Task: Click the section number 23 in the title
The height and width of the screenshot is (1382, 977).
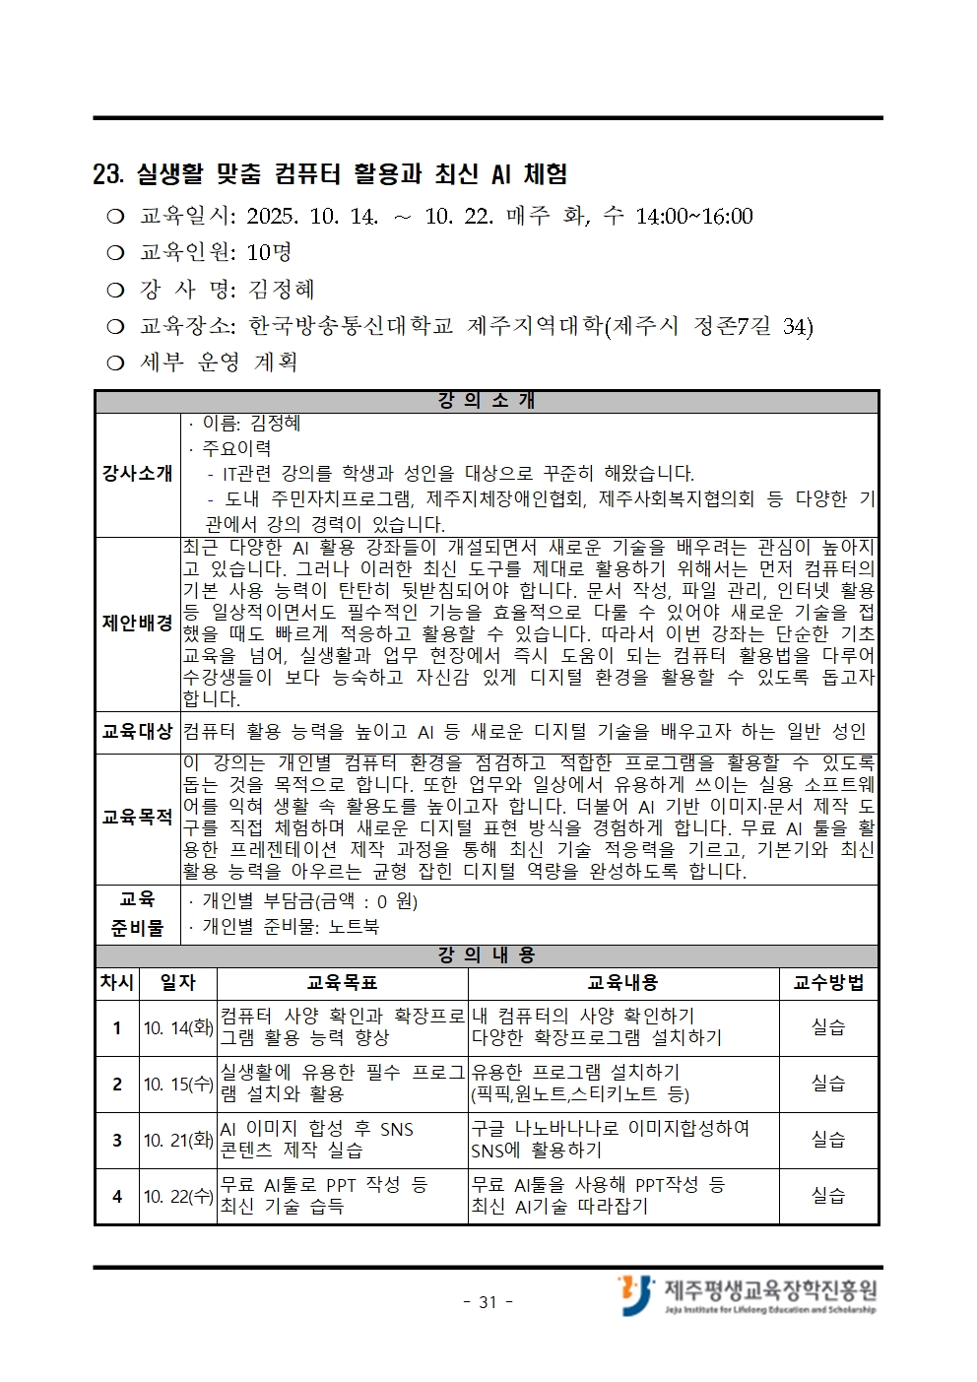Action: click(106, 175)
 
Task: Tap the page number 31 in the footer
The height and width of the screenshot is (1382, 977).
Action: click(488, 1302)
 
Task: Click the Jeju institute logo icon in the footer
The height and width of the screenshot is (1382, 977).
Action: click(635, 1294)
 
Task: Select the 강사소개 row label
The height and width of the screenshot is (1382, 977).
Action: click(137, 474)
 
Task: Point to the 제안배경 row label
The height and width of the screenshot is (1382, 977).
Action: click(137, 624)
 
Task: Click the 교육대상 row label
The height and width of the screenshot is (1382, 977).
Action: click(137, 732)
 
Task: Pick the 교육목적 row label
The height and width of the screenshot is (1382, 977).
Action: click(137, 818)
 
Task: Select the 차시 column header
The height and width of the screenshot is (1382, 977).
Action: click(117, 982)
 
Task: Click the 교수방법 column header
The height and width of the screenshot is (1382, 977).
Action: click(827, 982)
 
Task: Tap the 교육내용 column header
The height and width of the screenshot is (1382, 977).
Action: click(622, 982)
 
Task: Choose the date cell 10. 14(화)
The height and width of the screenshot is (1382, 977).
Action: click(178, 1028)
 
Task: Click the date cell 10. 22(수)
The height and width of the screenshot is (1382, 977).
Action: click(178, 1197)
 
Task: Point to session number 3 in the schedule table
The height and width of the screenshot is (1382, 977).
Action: click(117, 1141)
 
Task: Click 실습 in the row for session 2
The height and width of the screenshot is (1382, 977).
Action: click(827, 1084)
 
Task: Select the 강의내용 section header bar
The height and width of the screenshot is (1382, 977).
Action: click(487, 955)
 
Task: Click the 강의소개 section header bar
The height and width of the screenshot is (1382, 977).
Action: click(487, 401)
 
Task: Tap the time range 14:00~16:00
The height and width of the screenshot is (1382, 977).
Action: click(694, 217)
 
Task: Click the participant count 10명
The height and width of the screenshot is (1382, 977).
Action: click(269, 253)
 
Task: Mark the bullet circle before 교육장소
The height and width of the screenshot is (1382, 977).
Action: click(116, 327)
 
